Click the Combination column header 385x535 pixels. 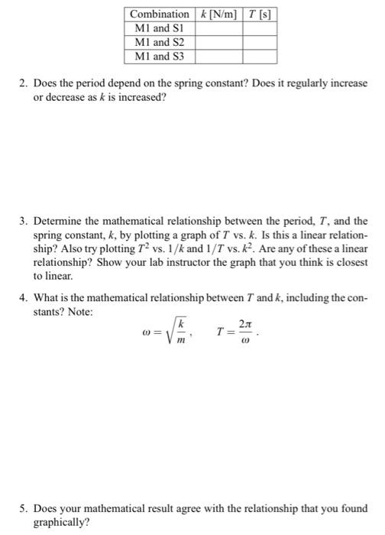160,15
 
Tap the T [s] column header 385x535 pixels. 260,15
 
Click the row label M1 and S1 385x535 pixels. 153,28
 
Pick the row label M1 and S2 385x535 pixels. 153,42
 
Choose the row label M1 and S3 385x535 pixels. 153,56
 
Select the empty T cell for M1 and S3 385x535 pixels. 260,56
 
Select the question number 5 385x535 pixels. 23,507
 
